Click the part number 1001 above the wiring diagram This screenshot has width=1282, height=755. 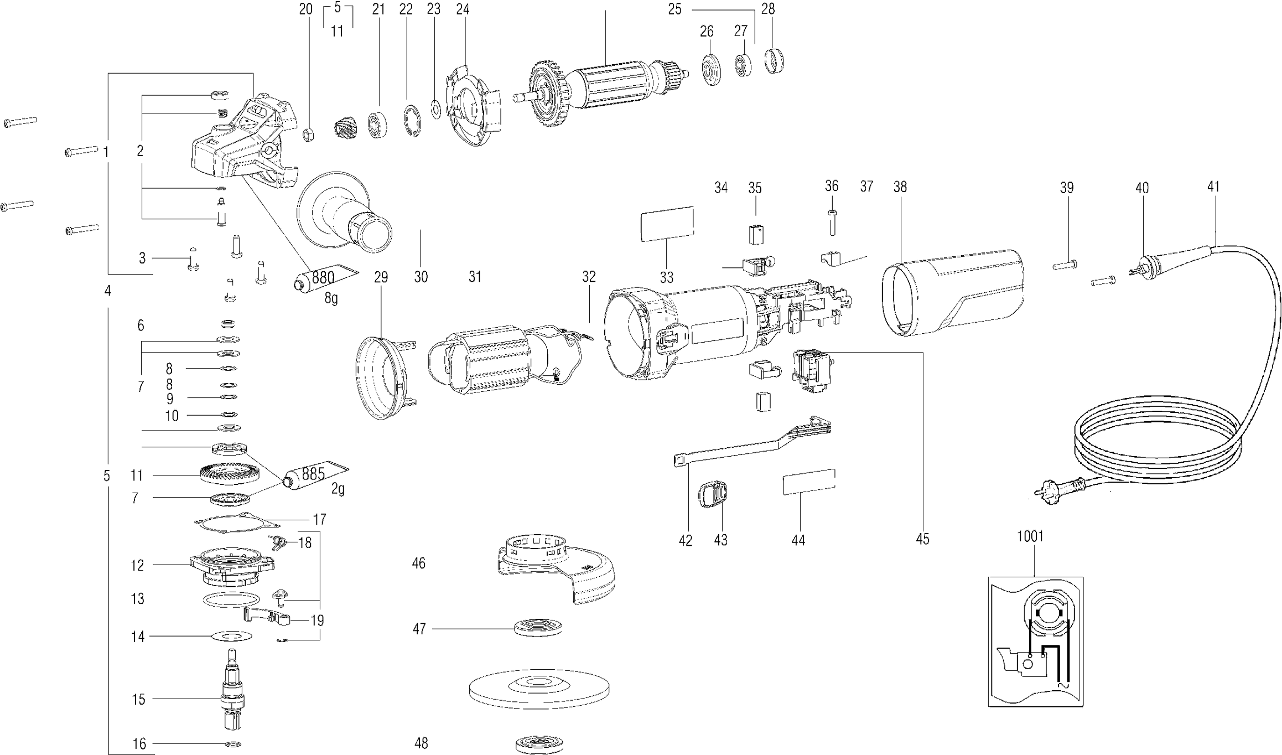(x=1030, y=536)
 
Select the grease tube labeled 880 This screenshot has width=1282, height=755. (x=325, y=276)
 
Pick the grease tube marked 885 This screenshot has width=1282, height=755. (x=316, y=475)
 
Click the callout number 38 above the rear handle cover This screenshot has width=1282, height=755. (x=900, y=187)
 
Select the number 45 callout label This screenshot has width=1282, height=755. (x=922, y=539)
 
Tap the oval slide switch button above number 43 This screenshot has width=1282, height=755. (x=713, y=494)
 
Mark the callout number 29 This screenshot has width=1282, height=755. (x=381, y=277)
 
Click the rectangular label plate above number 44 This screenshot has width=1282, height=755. (x=809, y=481)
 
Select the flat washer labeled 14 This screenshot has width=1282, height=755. (x=231, y=637)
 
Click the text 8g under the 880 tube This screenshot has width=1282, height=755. (x=331, y=298)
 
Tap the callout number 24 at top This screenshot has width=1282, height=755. (x=463, y=9)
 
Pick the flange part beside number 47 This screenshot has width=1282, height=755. (x=538, y=628)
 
